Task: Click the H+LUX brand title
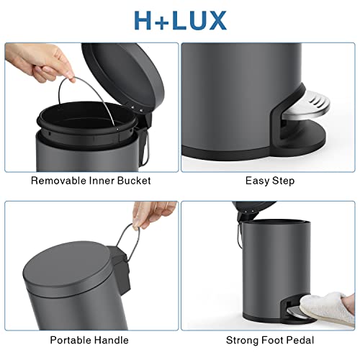pyautogui.click(x=180, y=19)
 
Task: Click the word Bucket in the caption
pyautogui.click(x=133, y=180)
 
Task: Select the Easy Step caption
pyautogui.click(x=269, y=180)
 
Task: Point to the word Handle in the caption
pyautogui.click(x=113, y=339)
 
